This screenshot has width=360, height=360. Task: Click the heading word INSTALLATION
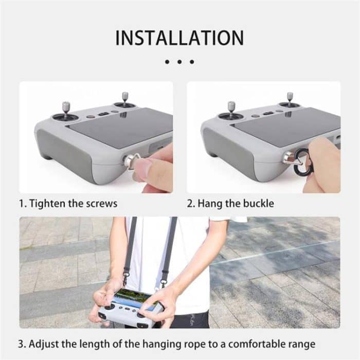pyautogui.click(x=179, y=38)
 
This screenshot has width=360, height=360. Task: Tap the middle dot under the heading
pyautogui.click(x=179, y=62)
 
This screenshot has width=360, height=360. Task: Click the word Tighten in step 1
pyautogui.click(x=47, y=203)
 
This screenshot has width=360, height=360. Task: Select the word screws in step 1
pyautogui.click(x=102, y=203)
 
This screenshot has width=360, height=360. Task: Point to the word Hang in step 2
pyautogui.click(x=205, y=203)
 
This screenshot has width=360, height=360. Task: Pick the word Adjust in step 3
pyautogui.click(x=45, y=343)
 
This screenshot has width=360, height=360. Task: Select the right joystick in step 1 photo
pyautogui.click(x=125, y=99)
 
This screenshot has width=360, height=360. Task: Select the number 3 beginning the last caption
pyautogui.click(x=22, y=343)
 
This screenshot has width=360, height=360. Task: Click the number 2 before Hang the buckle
pyautogui.click(x=189, y=203)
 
